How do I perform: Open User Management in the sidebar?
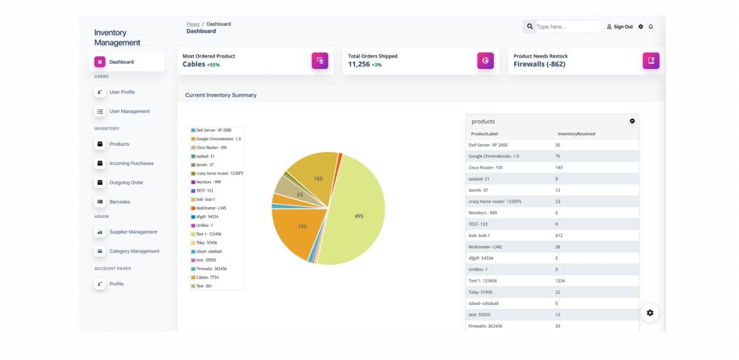coord(129,112)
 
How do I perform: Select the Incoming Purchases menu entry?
coord(131,164)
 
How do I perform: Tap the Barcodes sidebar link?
coord(119,201)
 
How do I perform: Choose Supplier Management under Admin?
coord(133,232)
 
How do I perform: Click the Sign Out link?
coord(620,27)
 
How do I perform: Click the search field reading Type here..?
coord(568,27)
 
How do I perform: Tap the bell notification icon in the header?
coord(651,27)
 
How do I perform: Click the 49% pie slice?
coord(358,216)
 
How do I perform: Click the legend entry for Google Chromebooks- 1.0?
coord(216,138)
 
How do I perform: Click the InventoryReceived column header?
coord(576,134)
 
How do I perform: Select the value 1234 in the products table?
coord(560,281)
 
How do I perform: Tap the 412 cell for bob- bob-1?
coord(559,236)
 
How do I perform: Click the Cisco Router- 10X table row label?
coord(486,168)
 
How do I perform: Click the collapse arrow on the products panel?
coord(632,121)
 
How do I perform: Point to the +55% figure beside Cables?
coord(213,65)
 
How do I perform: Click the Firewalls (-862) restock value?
coord(539,64)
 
